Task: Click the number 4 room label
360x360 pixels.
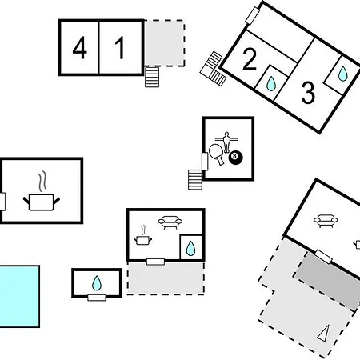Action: (x=79, y=48)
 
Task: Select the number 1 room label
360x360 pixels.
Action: (x=120, y=48)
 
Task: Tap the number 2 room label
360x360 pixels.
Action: (x=250, y=60)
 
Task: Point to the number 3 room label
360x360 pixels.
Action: (x=308, y=93)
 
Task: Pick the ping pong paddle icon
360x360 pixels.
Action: (x=216, y=154)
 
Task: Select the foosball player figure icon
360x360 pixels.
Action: (x=226, y=142)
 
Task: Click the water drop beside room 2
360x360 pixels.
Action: (x=271, y=83)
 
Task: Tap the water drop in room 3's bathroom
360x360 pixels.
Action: (x=343, y=74)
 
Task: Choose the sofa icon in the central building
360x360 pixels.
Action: (x=170, y=222)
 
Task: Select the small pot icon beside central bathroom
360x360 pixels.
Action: (x=142, y=235)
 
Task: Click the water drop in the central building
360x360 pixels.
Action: (x=190, y=248)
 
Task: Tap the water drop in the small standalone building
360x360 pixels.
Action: (x=97, y=283)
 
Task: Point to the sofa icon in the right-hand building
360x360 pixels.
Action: (x=326, y=221)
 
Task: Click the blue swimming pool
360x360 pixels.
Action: (x=19, y=296)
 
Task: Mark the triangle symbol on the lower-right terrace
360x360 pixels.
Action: (x=323, y=333)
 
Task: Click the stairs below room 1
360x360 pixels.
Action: (x=152, y=77)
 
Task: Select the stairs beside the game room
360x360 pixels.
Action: (x=195, y=179)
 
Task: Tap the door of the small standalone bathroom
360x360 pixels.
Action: (x=97, y=298)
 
